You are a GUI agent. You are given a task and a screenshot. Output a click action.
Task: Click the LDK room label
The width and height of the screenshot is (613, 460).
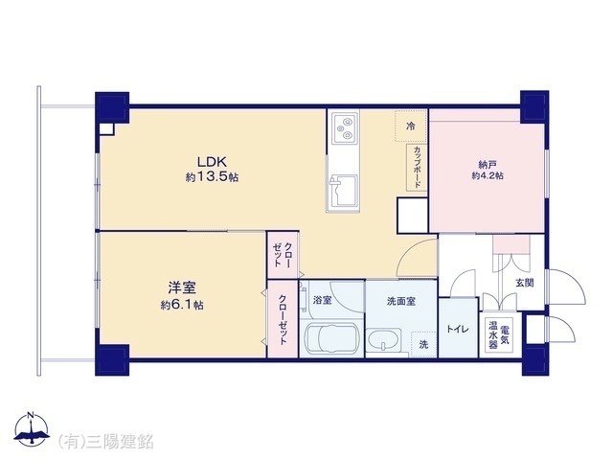click(x=212, y=161)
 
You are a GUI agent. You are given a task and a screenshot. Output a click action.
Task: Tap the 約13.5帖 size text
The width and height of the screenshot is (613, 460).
click(x=212, y=177)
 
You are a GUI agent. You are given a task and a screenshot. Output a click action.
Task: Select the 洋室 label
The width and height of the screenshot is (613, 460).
click(x=182, y=288)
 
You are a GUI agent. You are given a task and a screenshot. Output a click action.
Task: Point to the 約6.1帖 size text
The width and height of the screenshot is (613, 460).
click(x=182, y=305)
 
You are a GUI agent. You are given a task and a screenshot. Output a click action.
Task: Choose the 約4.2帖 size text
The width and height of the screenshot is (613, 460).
click(x=488, y=176)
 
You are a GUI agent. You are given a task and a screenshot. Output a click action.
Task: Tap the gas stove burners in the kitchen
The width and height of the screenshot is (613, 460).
click(x=345, y=128)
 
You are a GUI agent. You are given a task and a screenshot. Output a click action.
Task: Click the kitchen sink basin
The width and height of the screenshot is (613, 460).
click(x=344, y=191)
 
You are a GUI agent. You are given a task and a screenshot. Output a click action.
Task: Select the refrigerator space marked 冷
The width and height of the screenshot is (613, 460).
click(x=411, y=126)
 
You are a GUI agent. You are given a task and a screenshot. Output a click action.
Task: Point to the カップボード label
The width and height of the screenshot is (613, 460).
click(x=417, y=168)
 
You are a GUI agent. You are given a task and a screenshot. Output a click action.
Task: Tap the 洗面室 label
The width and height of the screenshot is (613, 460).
click(x=401, y=302)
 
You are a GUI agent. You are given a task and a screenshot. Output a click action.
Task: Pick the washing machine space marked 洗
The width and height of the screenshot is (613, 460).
click(x=423, y=344)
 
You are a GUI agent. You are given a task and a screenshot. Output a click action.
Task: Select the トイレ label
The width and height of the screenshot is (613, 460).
click(x=458, y=329)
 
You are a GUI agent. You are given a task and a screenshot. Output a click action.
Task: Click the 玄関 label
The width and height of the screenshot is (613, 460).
click(x=525, y=283)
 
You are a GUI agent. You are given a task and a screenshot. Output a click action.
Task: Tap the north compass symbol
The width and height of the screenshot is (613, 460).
click(x=32, y=429)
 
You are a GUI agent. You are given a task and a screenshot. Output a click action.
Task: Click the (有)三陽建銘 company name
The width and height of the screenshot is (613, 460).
click(x=106, y=442)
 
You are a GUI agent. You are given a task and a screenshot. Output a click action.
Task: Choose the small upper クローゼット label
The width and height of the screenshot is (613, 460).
click(x=283, y=254)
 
